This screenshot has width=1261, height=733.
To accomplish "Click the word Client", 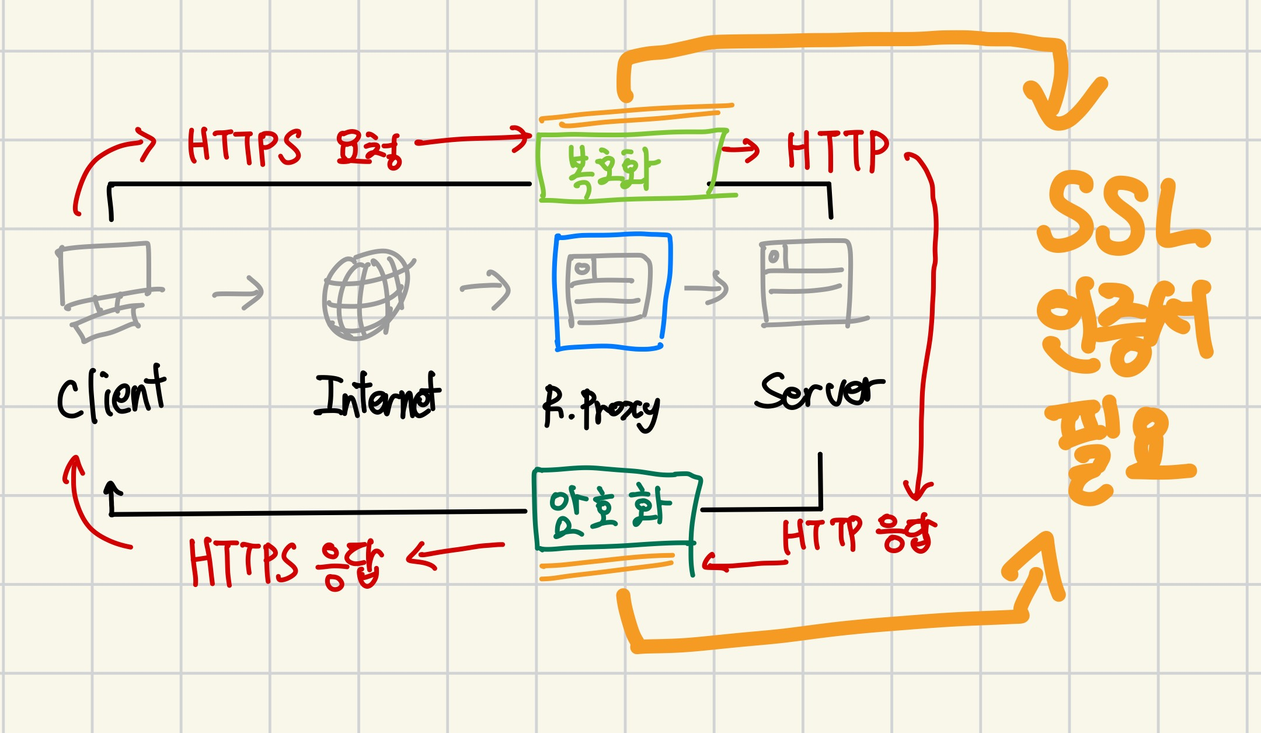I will tap(111, 394).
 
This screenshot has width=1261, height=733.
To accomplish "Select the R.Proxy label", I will tap(601, 407).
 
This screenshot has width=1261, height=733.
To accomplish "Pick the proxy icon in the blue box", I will tap(610, 290).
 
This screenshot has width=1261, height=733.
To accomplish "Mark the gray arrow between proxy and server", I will tap(707, 287).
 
